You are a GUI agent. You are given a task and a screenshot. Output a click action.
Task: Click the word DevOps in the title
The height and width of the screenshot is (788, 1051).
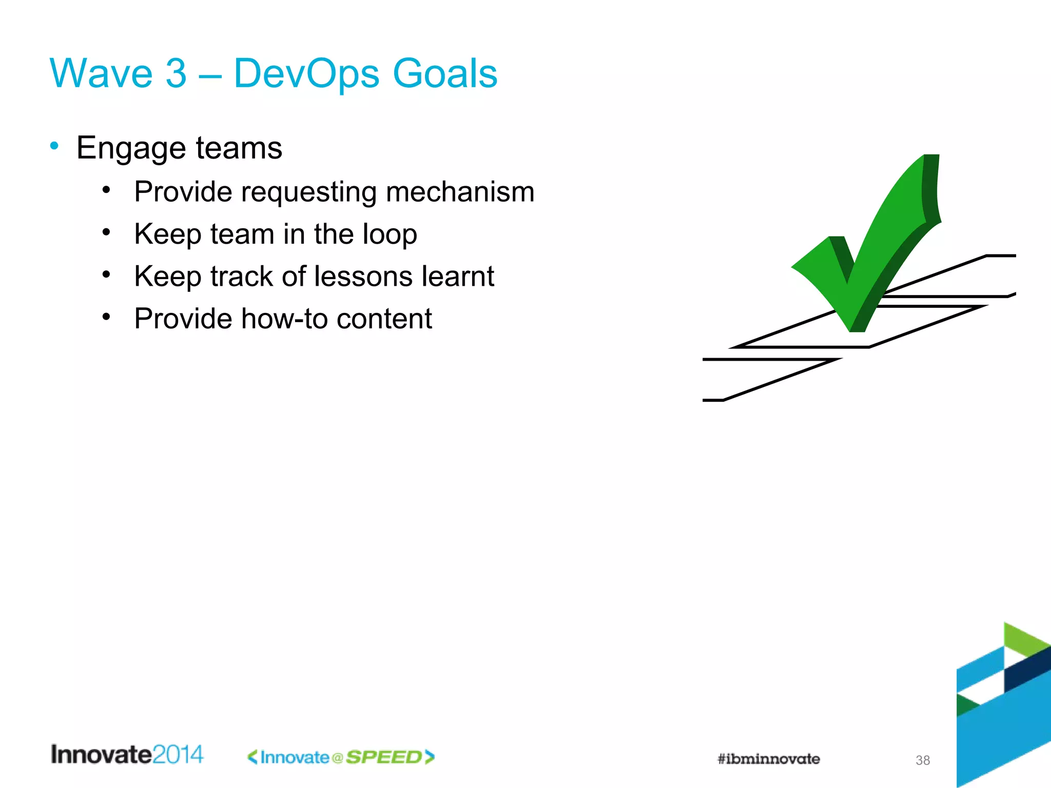pyautogui.click(x=306, y=73)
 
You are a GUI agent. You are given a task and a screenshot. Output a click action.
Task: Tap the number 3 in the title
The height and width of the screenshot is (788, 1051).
pyautogui.click(x=176, y=73)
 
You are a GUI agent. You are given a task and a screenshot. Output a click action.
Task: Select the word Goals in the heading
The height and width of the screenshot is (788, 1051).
pyautogui.click(x=445, y=73)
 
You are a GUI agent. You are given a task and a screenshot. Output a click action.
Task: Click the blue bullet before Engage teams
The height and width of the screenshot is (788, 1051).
pyautogui.click(x=54, y=146)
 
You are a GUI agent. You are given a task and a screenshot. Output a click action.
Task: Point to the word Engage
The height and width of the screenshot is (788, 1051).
pyautogui.click(x=131, y=149)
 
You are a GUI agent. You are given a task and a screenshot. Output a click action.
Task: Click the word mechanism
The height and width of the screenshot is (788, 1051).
pyautogui.click(x=460, y=192)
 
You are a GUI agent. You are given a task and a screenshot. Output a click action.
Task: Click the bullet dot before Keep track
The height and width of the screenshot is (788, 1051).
pyautogui.click(x=106, y=275)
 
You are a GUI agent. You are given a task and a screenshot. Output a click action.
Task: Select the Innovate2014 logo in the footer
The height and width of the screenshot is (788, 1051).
pyautogui.click(x=127, y=755)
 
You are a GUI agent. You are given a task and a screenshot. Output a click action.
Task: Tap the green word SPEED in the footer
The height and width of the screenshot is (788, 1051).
pyautogui.click(x=384, y=757)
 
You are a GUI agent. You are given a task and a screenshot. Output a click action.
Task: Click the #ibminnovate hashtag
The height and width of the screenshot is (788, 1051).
pyautogui.click(x=768, y=759)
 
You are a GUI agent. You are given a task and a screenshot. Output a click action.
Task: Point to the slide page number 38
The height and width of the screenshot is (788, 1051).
pyautogui.click(x=922, y=760)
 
